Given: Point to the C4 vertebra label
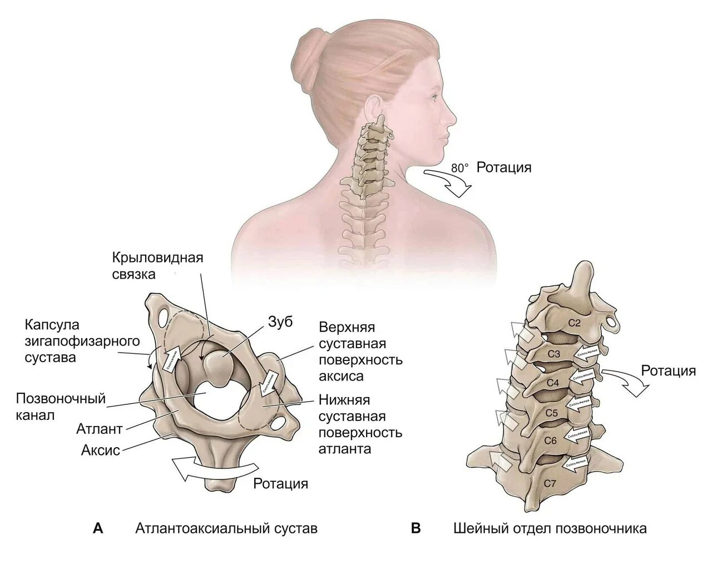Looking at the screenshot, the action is point(552,383).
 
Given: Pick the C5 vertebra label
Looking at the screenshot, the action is point(552,413).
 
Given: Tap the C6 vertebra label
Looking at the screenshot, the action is point(550,441).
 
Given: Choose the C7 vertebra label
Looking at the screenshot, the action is point(550,483).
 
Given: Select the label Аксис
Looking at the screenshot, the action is point(101,450).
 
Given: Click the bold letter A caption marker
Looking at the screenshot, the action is point(98,528).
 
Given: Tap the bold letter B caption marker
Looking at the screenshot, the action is point(416,528).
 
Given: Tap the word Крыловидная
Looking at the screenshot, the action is point(157,258).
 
